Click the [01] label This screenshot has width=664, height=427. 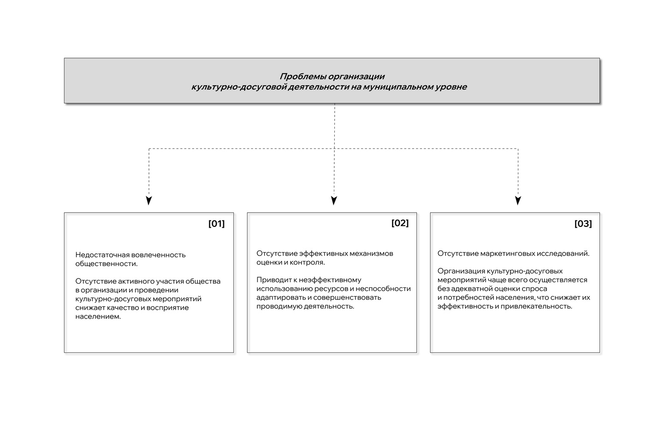tap(216, 224)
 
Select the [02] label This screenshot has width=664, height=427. tap(400, 223)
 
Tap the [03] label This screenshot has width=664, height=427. tap(583, 224)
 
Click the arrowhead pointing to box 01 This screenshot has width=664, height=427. tap(148, 201)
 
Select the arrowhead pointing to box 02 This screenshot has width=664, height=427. tap(334, 201)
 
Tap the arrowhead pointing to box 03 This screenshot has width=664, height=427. tap(518, 201)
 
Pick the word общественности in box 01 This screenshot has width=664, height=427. tap(106, 264)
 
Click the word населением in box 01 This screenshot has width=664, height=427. tap(98, 317)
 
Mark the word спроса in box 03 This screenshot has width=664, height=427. tap(536, 289)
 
